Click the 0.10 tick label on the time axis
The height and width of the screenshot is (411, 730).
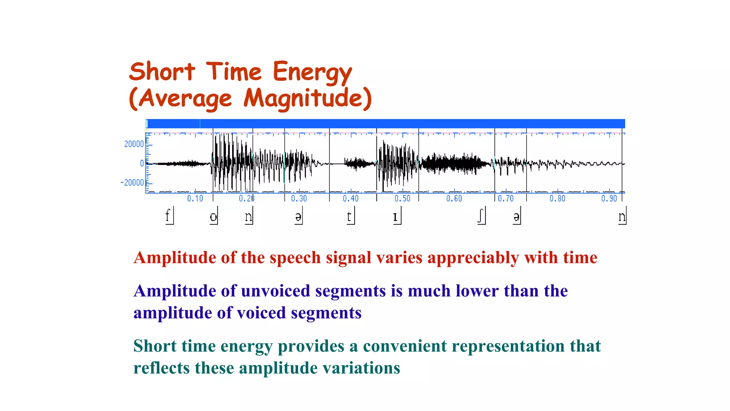click(195, 198)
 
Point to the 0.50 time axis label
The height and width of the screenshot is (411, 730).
click(402, 198)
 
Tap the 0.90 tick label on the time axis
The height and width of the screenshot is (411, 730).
click(609, 198)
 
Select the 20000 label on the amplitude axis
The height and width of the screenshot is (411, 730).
click(134, 144)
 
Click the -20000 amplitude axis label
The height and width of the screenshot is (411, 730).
click(132, 183)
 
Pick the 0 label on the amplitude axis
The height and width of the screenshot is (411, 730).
click(142, 163)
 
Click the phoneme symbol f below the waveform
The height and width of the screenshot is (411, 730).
click(168, 216)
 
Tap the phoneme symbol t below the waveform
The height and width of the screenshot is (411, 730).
click(349, 216)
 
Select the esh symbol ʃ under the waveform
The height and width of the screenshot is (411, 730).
click(480, 216)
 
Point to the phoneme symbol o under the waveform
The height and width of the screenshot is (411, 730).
click(213, 217)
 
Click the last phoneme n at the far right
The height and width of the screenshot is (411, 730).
click(622, 217)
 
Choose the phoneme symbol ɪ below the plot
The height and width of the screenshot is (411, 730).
click(395, 217)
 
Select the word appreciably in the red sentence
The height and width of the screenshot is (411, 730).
click(473, 258)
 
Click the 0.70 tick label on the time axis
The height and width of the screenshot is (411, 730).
click(505, 198)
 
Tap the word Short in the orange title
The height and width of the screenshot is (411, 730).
click(162, 72)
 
